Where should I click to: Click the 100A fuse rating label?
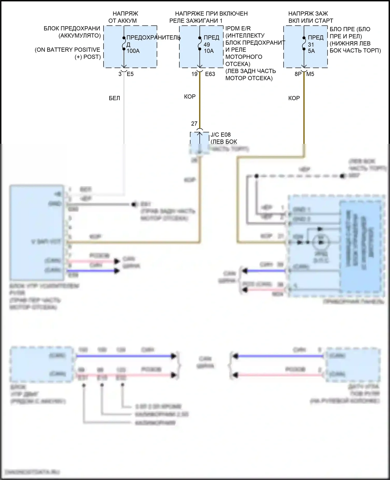(133, 51)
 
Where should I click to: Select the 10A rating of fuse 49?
(209, 51)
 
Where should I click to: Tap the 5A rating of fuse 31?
(311, 51)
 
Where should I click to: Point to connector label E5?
(130, 74)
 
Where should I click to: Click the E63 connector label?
(210, 74)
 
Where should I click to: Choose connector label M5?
(310, 74)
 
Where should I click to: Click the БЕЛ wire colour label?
(114, 98)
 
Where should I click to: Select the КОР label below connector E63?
(190, 97)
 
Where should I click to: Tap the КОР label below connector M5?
(294, 98)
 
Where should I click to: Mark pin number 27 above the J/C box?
(194, 124)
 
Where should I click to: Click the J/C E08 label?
(220, 135)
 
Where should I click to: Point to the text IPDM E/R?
(238, 28)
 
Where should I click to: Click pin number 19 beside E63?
(194, 74)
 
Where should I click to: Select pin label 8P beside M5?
(298, 74)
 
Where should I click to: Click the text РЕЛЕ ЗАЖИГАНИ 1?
(196, 21)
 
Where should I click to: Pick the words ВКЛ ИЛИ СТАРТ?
(311, 21)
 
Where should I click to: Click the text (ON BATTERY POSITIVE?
(67, 50)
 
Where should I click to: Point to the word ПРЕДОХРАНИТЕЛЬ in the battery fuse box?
(153, 37)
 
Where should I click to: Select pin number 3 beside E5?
(120, 74)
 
